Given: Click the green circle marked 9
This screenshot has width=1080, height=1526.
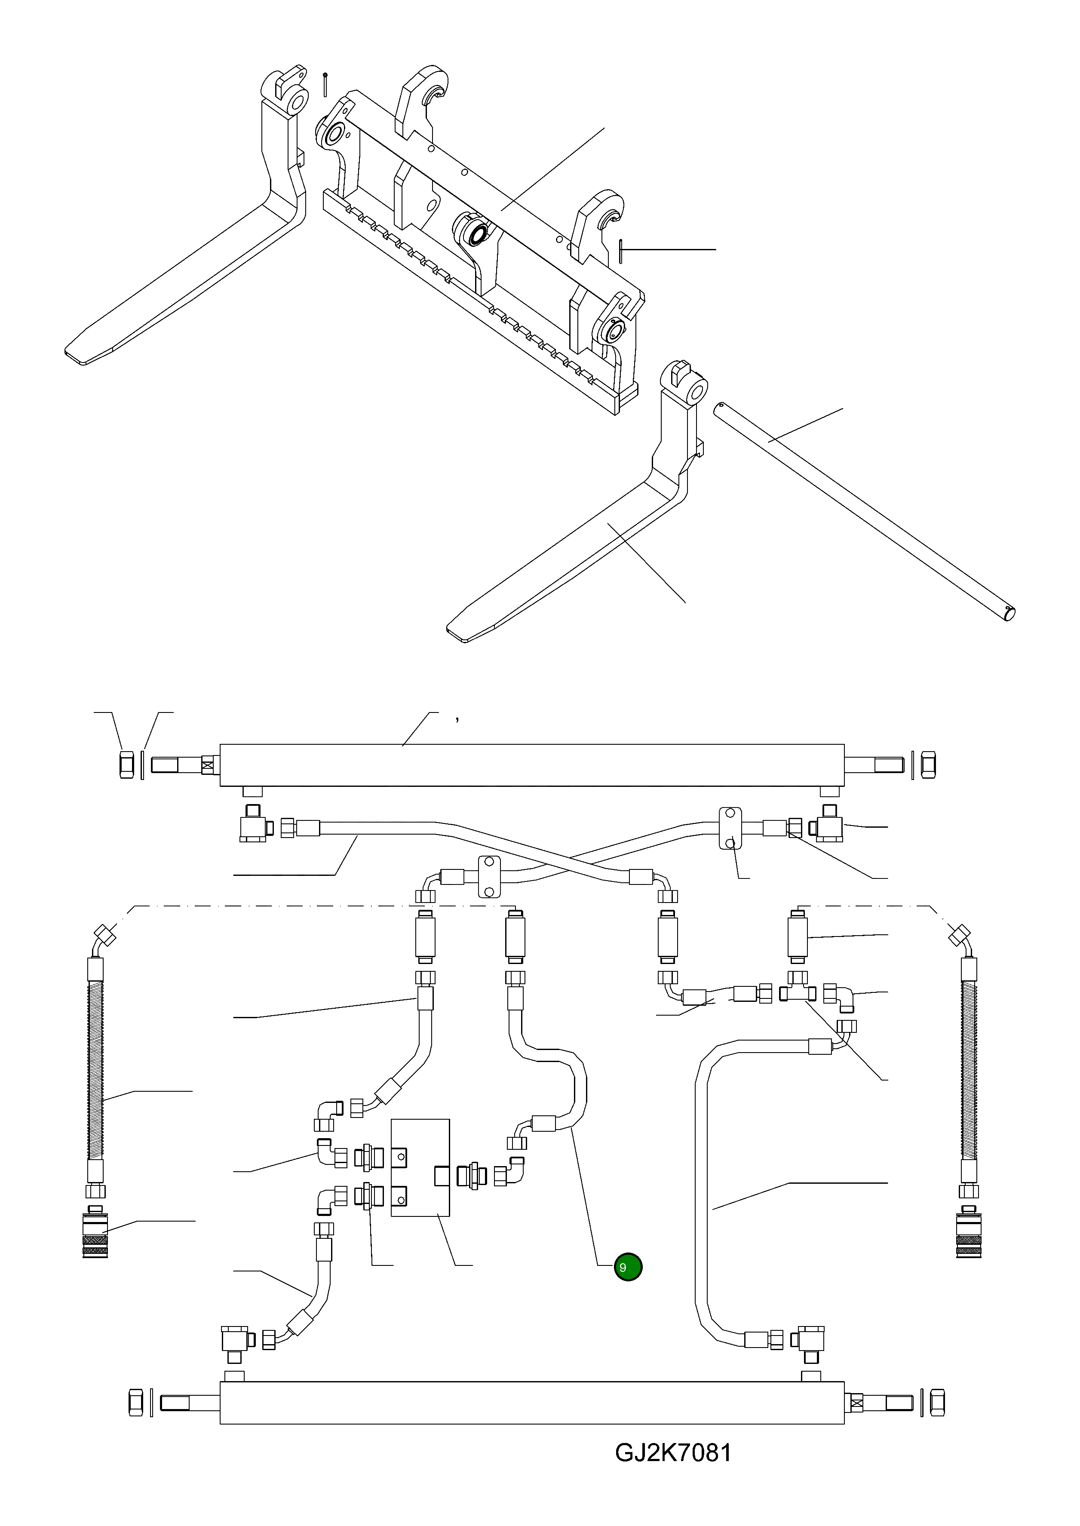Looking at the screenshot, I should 628,1267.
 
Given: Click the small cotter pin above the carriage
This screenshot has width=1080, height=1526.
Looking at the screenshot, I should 325,84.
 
